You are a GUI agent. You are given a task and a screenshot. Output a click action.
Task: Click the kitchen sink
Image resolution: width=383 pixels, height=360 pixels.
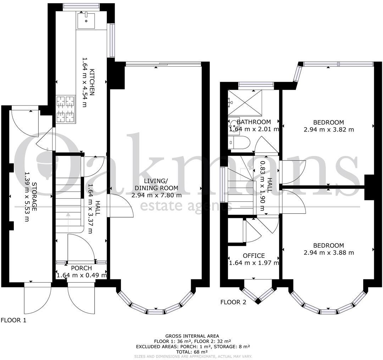(x=86, y=21)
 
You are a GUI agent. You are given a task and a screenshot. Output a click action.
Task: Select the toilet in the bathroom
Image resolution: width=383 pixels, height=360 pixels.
(x=239, y=142)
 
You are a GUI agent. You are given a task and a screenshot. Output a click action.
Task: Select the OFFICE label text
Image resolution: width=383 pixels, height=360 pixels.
(x=254, y=255)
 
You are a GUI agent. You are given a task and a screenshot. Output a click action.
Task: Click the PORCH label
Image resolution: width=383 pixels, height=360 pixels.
(x=81, y=268)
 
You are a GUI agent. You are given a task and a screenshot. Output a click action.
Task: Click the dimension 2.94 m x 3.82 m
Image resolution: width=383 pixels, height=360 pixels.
(x=329, y=129)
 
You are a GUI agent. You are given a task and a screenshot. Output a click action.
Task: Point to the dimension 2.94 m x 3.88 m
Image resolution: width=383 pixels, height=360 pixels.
(x=329, y=253)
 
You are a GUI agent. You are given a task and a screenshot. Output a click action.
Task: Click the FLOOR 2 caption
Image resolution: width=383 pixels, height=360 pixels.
(x=233, y=302)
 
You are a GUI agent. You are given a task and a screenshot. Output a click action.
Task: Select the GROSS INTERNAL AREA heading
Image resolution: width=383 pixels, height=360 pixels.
(x=192, y=336)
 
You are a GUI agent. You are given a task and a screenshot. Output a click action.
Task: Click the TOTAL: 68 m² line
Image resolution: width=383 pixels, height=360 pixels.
(x=192, y=352)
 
